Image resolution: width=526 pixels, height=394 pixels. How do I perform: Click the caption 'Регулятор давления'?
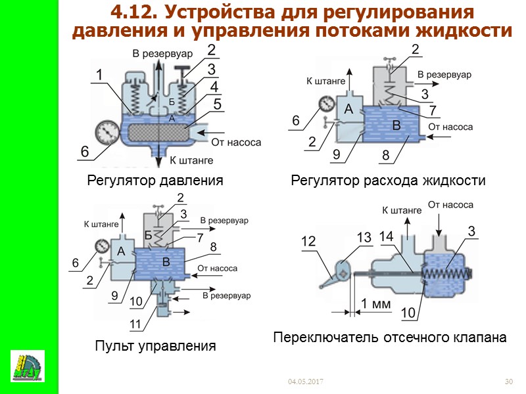pyautogui.click(x=155, y=180)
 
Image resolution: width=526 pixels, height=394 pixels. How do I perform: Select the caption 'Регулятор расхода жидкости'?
pyautogui.click(x=388, y=180)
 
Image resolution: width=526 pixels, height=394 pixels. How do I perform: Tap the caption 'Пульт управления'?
pyautogui.click(x=155, y=345)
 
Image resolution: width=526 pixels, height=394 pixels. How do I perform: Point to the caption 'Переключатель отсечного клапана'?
pyautogui.click(x=389, y=338)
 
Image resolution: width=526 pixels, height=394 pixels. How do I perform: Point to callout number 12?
pyautogui.click(x=308, y=242)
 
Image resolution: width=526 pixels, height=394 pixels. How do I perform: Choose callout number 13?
pyautogui.click(x=364, y=236)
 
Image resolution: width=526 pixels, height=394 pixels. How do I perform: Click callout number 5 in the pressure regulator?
pyautogui.click(x=218, y=104)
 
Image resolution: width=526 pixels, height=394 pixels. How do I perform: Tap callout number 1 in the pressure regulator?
pyautogui.click(x=99, y=76)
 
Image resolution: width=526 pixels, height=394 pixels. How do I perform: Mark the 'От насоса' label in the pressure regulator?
pyautogui.click(x=235, y=142)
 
